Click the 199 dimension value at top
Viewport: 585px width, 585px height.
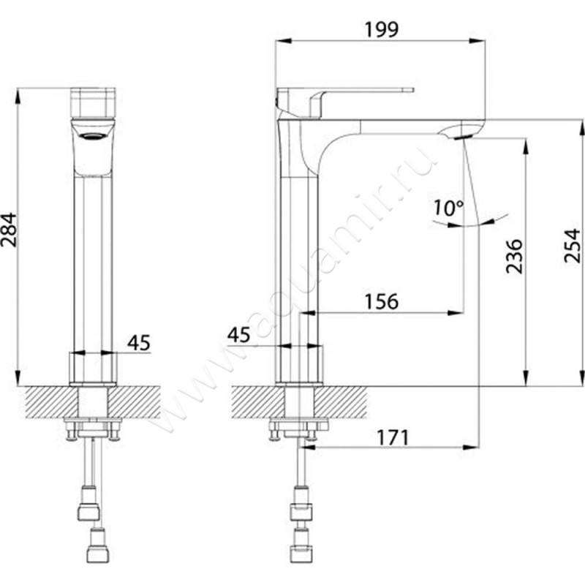pyautogui.click(x=381, y=30)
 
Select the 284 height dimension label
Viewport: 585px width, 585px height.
pyautogui.click(x=9, y=230)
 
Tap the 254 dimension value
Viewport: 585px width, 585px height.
pyautogui.click(x=572, y=246)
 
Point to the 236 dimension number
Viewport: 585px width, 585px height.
pyautogui.click(x=514, y=257)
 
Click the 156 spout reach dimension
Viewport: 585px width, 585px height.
pyautogui.click(x=381, y=301)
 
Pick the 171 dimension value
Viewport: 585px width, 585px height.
pyautogui.click(x=393, y=437)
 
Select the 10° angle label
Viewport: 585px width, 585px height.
pyautogui.click(x=448, y=208)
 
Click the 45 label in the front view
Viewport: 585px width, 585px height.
pyautogui.click(x=139, y=342)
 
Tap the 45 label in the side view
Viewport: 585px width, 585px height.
pyautogui.click(x=239, y=335)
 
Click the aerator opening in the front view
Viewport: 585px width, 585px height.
pyautogui.click(x=93, y=136)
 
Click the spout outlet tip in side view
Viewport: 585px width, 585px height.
pyautogui.click(x=463, y=137)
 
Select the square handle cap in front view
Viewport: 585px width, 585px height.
pyautogui.click(x=93, y=102)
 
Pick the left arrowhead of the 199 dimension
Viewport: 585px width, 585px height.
pyautogui.click(x=283, y=41)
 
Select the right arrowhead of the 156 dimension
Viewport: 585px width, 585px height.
pyautogui.click(x=456, y=313)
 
